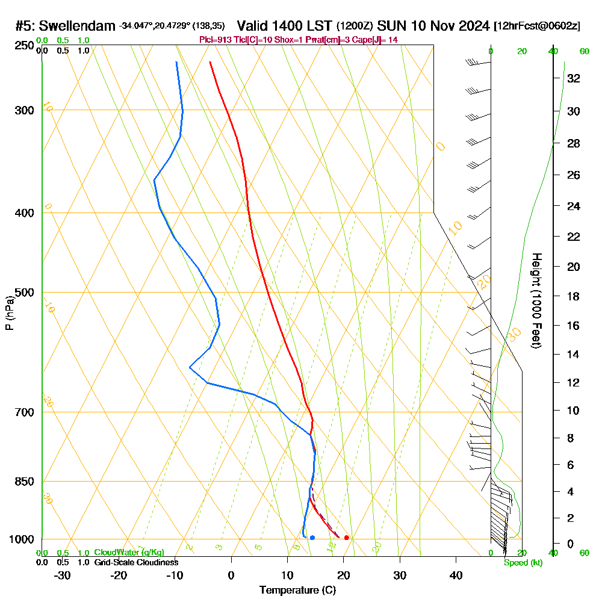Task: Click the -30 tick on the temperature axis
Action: (x=63, y=576)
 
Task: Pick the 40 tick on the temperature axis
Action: (x=456, y=576)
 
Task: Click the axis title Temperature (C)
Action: (x=297, y=591)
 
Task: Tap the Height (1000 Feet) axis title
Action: (x=536, y=300)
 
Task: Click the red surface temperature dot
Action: (x=346, y=538)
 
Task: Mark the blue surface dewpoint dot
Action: (x=312, y=538)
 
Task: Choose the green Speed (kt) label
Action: (x=523, y=562)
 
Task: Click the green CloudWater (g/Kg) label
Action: (x=129, y=553)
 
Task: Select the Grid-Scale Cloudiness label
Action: (x=136, y=562)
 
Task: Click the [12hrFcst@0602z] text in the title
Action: (x=537, y=26)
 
